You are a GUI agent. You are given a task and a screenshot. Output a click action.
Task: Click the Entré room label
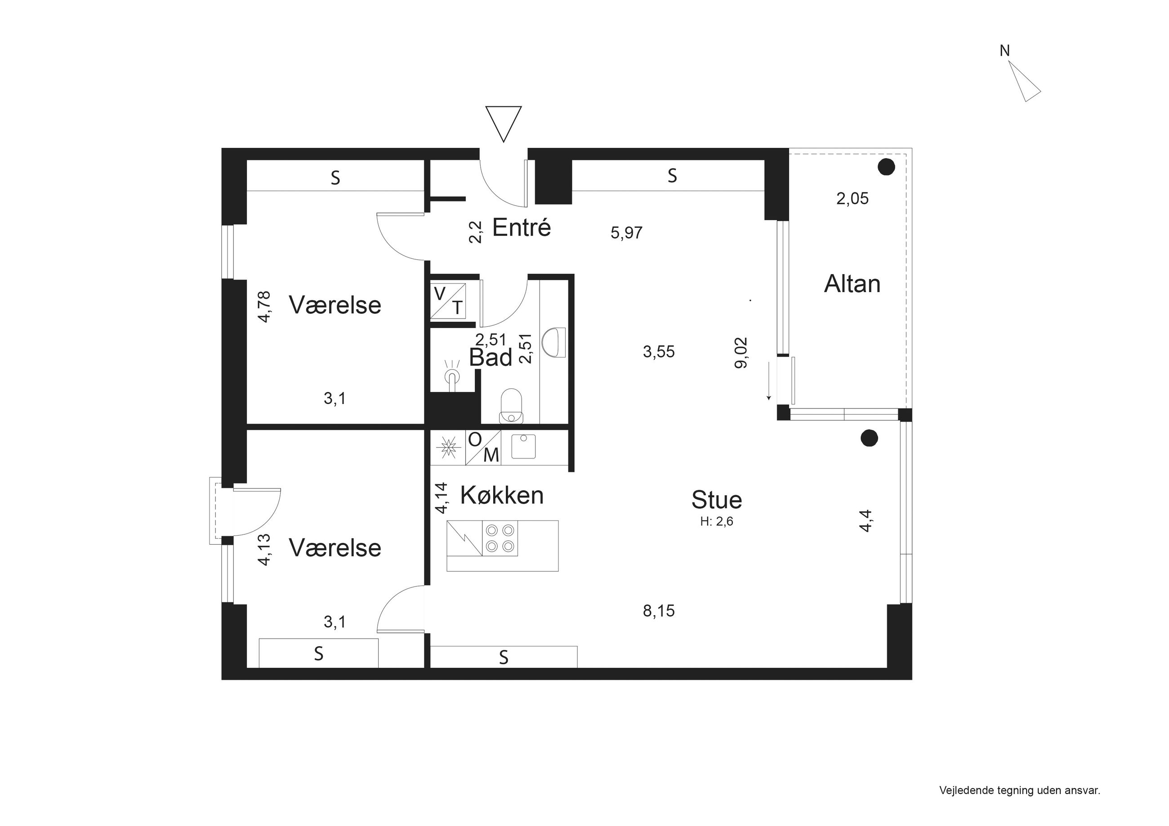(x=522, y=227)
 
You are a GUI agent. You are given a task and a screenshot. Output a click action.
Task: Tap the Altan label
(x=852, y=284)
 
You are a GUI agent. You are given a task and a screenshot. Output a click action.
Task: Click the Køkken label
(x=502, y=495)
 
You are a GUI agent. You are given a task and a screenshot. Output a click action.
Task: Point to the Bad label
(x=491, y=357)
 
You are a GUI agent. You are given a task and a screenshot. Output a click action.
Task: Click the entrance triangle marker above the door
(x=504, y=124)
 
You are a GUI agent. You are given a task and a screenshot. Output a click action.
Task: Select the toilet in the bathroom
(x=511, y=406)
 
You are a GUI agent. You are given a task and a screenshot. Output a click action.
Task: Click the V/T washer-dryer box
(x=448, y=301)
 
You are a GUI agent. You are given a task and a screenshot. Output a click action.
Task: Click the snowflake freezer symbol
(x=449, y=447)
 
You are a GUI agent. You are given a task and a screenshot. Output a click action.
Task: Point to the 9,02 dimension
(x=741, y=353)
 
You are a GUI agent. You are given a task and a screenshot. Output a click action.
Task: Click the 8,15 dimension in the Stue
(x=659, y=611)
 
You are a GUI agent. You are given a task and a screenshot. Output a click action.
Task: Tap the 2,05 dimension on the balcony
(x=852, y=198)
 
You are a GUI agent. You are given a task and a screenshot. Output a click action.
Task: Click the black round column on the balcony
(x=887, y=167)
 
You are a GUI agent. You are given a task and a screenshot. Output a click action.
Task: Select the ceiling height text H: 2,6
(x=716, y=521)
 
